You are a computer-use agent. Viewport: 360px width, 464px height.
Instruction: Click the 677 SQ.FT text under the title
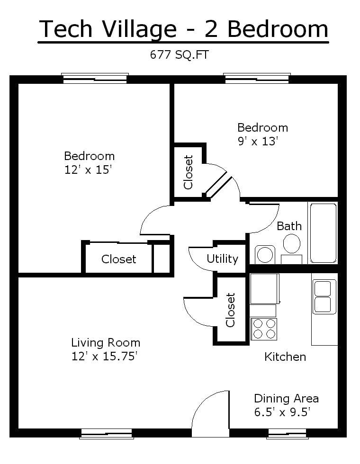pos(179,55)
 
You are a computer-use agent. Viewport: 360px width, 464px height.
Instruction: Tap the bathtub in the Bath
pos(323,233)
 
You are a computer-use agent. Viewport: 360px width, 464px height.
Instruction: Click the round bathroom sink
pos(265,254)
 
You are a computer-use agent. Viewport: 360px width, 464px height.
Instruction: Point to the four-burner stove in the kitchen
pos(264,329)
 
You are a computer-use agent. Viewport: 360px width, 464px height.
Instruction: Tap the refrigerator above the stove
pos(265,289)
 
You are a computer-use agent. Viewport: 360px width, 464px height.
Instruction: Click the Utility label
pos(222,259)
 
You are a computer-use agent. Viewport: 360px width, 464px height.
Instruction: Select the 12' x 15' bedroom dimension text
pos(88,170)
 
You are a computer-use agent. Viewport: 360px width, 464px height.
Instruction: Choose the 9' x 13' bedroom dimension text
pos(258,141)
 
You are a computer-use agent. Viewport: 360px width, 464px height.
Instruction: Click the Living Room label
pos(106,343)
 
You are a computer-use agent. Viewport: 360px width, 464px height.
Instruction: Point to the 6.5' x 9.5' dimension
pos(282,412)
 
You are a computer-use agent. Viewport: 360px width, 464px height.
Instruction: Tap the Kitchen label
pos(285,357)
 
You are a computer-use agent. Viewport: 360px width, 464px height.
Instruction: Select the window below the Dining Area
pos(288,434)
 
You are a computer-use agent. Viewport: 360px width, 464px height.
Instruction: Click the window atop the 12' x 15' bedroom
pos(95,78)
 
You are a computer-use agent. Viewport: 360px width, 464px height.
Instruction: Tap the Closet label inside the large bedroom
pos(119,259)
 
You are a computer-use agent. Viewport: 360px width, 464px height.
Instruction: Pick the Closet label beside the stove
pos(230,310)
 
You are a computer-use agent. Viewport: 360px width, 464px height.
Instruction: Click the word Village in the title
pos(139,29)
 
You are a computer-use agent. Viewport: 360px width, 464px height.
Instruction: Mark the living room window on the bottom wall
pos(106,434)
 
